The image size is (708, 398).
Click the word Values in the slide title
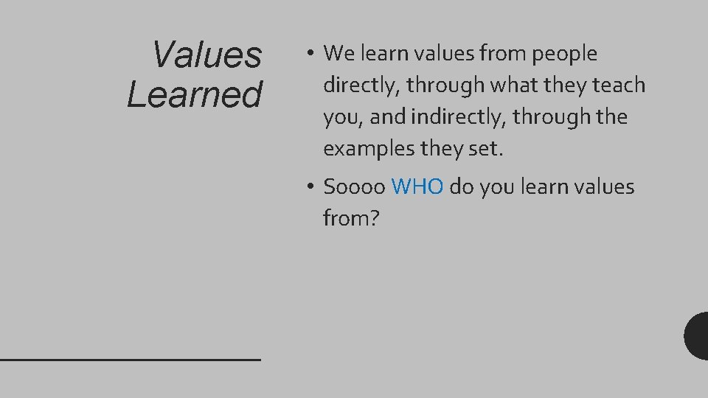[x=206, y=54]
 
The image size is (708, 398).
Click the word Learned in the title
[x=194, y=94]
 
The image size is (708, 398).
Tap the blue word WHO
[x=417, y=187]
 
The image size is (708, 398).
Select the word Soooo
[x=354, y=187]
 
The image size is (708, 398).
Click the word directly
[x=361, y=85]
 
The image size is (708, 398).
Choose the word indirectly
[x=462, y=117]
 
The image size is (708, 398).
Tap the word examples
[x=369, y=150]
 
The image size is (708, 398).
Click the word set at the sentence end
[x=484, y=150]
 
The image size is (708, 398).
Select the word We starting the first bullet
[x=339, y=53]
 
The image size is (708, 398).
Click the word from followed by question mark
[x=345, y=218]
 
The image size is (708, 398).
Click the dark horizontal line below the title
[x=131, y=359]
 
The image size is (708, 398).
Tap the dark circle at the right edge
[x=697, y=336]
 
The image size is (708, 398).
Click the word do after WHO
[x=461, y=187]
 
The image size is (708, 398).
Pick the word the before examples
[x=608, y=117]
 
